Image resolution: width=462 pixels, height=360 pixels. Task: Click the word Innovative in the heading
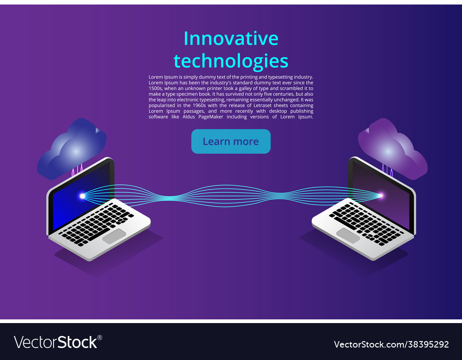(231, 39)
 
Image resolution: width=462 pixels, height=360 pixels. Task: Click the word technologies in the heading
(231, 61)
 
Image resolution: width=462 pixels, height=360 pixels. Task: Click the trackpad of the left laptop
(114, 235)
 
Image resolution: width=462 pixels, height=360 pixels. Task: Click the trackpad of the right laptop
(348, 235)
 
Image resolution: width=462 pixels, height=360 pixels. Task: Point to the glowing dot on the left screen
(83, 196)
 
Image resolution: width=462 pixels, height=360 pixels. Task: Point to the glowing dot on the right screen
(381, 196)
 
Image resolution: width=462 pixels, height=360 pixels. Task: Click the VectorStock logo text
(55, 342)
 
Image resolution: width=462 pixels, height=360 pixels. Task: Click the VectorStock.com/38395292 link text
(391, 344)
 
